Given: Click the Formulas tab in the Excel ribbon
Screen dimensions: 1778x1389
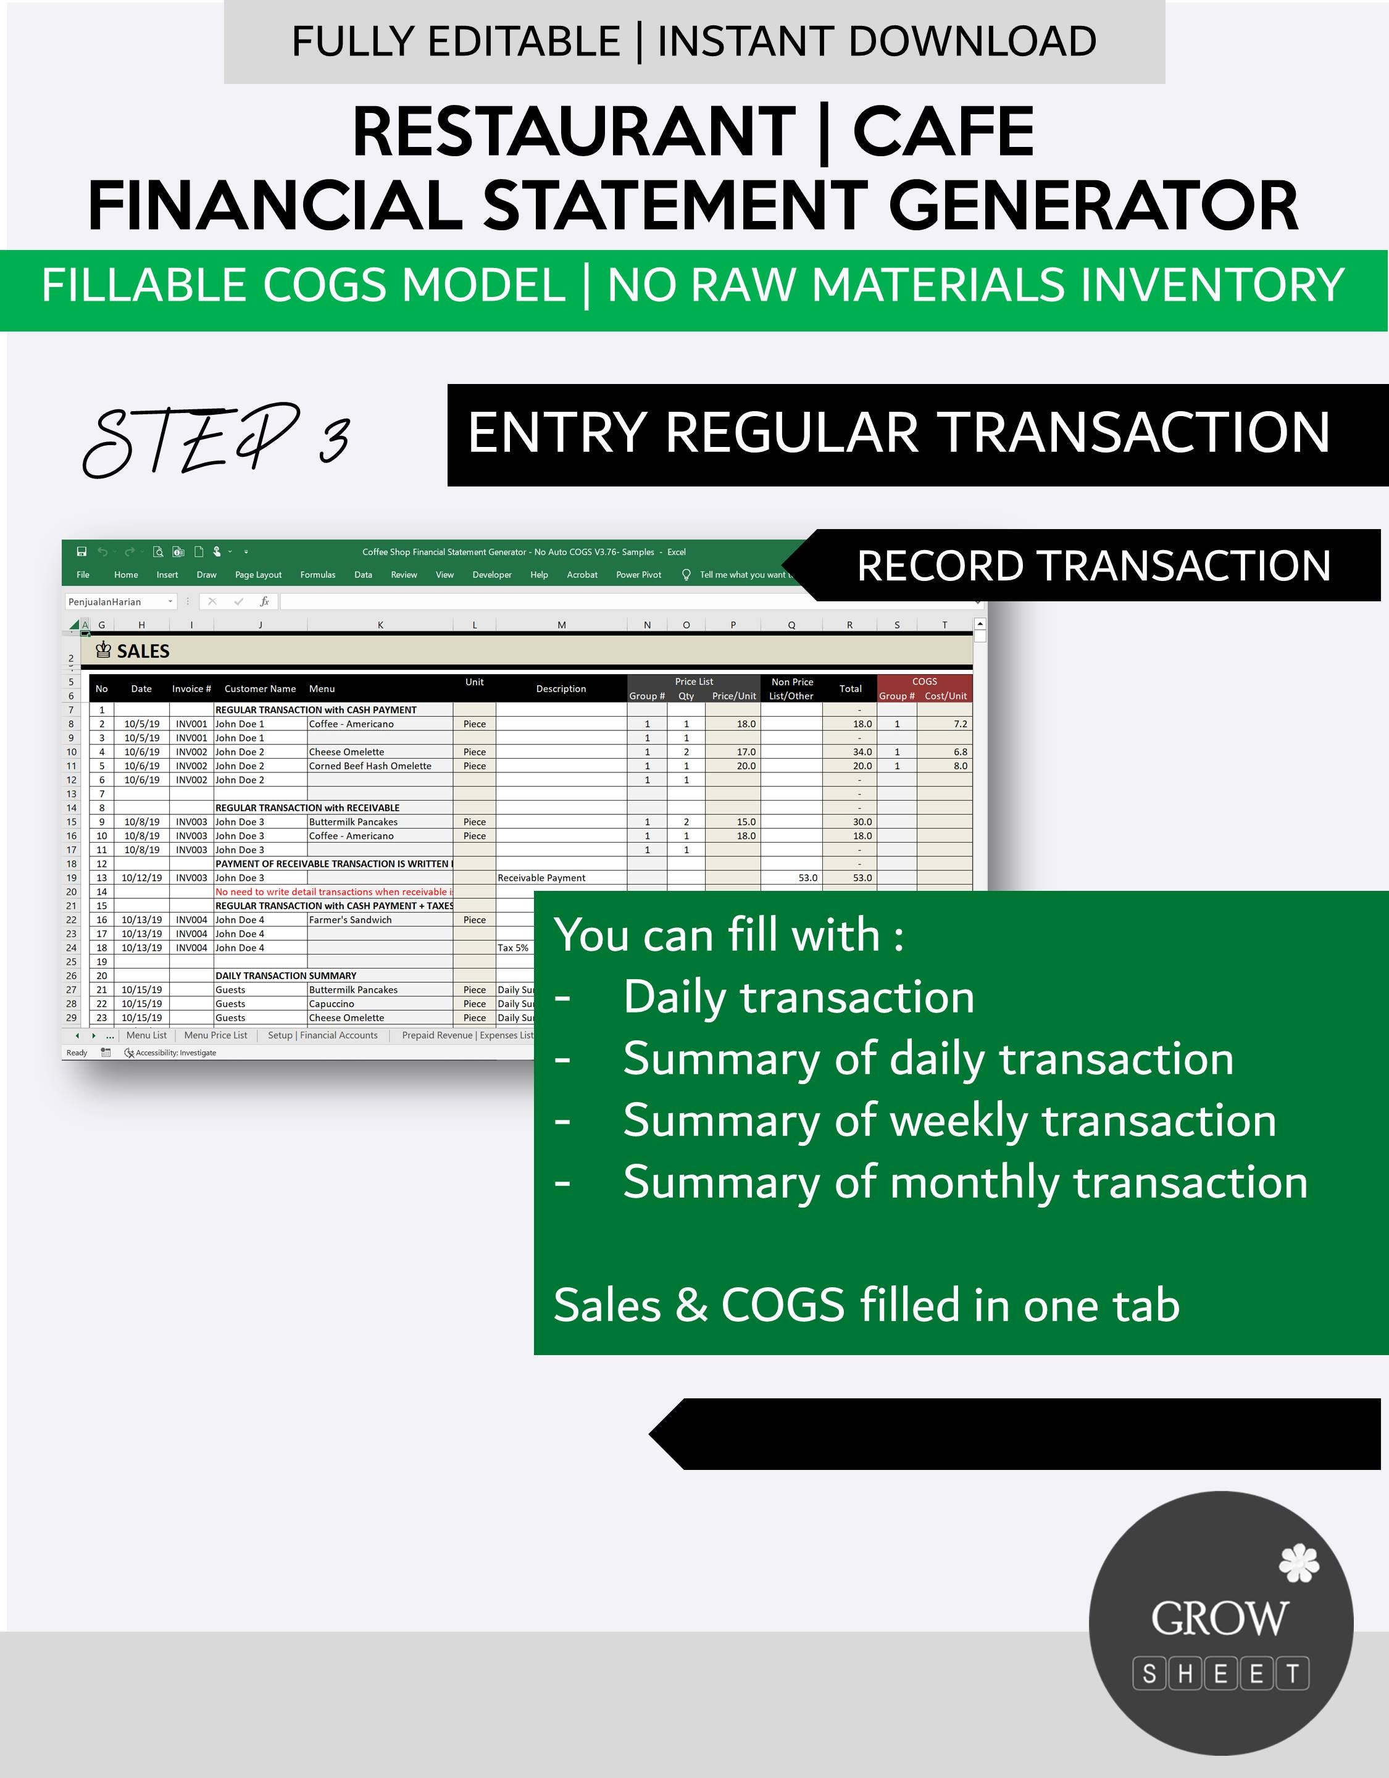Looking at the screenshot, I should point(317,575).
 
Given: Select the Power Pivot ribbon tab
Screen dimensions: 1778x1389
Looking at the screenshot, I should point(638,575).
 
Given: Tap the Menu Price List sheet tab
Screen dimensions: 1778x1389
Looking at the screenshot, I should point(216,1035).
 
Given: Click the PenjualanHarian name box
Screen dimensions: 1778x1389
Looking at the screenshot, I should point(117,602).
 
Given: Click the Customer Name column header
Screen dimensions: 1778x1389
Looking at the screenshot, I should point(260,689).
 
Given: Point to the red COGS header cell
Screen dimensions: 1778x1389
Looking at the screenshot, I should point(924,682).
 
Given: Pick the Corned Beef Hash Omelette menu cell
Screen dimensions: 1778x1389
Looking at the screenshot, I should point(370,766).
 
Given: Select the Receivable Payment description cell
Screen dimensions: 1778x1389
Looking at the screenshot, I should point(541,878).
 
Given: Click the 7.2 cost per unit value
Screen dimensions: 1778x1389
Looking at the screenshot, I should point(960,724).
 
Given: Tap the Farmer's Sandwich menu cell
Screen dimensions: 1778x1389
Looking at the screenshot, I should point(350,920).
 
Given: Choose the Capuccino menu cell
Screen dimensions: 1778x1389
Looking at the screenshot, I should point(332,1004).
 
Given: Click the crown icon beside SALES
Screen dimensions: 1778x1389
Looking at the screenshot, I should point(103,649).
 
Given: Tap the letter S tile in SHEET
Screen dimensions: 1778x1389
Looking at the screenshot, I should point(1149,1674).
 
